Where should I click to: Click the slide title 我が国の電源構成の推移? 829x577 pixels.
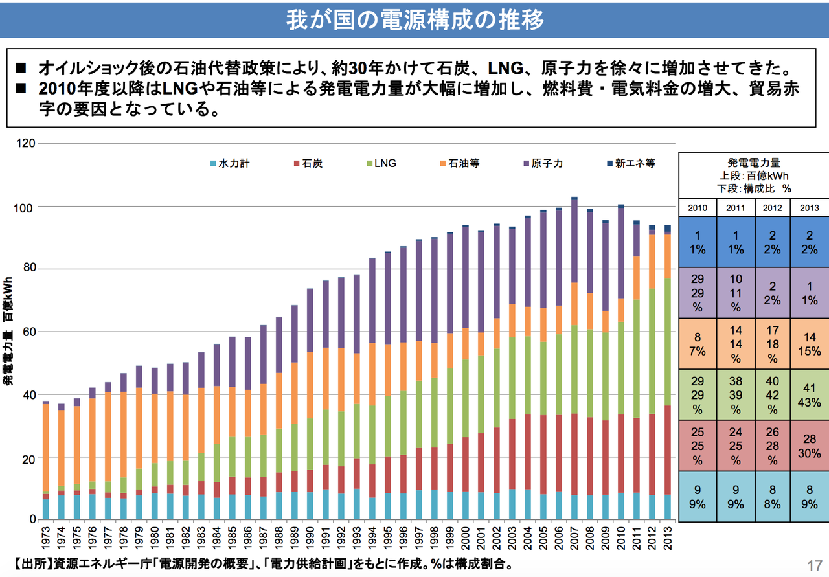point(414,20)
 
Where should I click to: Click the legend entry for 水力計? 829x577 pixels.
point(231,164)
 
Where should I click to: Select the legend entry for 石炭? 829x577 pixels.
point(308,164)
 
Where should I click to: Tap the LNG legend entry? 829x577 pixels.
point(381,164)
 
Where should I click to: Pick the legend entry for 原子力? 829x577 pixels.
point(543,164)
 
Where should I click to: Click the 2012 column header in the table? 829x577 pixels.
point(772,208)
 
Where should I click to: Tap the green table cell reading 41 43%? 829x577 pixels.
point(809,394)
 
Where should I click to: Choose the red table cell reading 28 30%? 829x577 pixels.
point(809,445)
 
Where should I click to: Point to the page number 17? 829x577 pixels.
point(814,563)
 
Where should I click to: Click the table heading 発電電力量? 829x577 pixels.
point(754,163)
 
